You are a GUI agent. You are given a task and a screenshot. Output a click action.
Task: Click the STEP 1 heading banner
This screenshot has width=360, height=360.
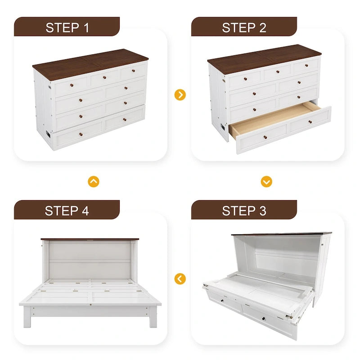[67, 27]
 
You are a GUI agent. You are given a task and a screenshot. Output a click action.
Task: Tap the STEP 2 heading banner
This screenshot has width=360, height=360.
[244, 27]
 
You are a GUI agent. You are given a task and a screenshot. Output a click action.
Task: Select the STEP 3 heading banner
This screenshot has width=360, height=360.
[244, 210]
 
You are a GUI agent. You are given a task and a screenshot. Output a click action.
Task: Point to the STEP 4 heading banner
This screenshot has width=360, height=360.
[67, 210]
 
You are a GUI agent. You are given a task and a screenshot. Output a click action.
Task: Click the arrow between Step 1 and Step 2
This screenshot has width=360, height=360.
[180, 95]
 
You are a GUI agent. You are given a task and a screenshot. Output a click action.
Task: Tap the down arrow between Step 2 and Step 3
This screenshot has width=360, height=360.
[266, 181]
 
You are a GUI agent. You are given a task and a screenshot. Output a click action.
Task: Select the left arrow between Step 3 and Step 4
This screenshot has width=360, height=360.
[180, 279]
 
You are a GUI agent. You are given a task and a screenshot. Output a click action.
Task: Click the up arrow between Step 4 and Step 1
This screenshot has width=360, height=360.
[94, 181]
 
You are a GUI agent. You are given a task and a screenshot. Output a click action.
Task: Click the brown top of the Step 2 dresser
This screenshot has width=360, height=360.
[265, 57]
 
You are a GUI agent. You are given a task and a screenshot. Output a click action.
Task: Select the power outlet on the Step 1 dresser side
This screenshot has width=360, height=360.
[47, 134]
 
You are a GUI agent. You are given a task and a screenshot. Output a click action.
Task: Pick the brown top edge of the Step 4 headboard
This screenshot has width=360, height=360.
[90, 239]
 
